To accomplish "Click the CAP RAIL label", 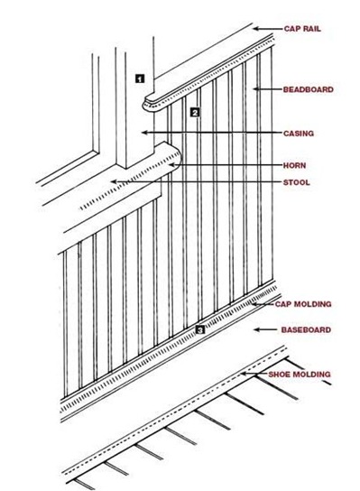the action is [302, 29].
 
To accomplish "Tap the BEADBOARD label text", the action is [308, 89].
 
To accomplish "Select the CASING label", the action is [299, 134].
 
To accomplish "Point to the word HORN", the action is [294, 165].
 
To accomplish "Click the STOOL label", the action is [296, 182].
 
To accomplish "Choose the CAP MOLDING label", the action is [303, 304].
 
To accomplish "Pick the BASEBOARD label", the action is [306, 329].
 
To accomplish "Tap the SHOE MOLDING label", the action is [300, 375].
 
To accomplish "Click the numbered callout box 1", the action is [140, 79].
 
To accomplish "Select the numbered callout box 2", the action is [195, 113].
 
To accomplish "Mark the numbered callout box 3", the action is [200, 329].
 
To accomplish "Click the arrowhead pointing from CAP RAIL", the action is [255, 29].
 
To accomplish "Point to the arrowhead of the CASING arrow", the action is [144, 133].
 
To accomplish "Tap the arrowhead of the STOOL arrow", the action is [114, 181].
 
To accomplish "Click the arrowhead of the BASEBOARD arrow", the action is [256, 329].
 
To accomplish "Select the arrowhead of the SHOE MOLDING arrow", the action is [244, 374].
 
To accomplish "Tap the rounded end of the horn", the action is [178, 156].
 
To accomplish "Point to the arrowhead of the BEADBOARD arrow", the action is [255, 89].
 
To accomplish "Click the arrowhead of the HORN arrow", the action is [171, 164].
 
